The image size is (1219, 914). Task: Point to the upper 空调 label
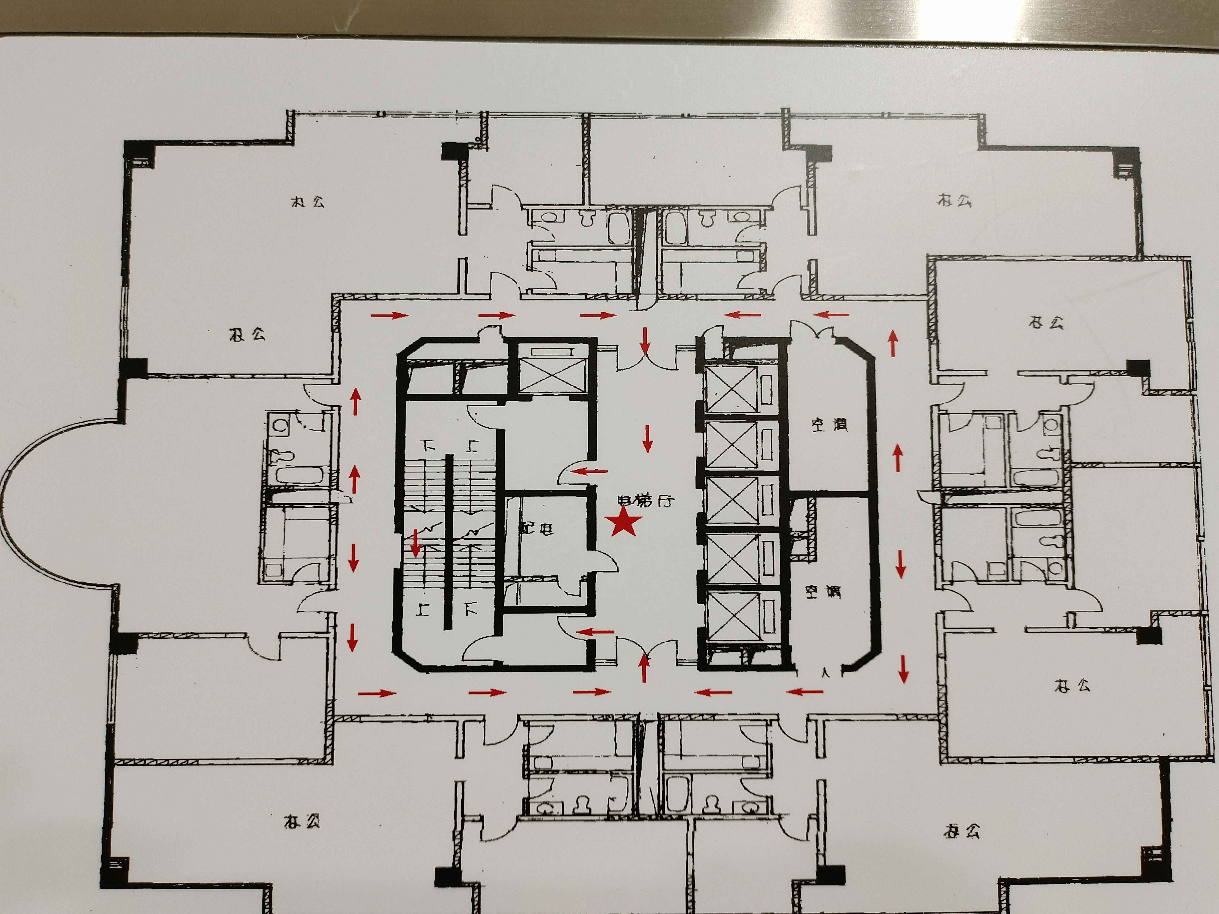point(828,424)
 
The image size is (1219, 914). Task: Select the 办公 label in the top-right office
point(954,199)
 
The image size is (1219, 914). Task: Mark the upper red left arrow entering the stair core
point(591,472)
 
